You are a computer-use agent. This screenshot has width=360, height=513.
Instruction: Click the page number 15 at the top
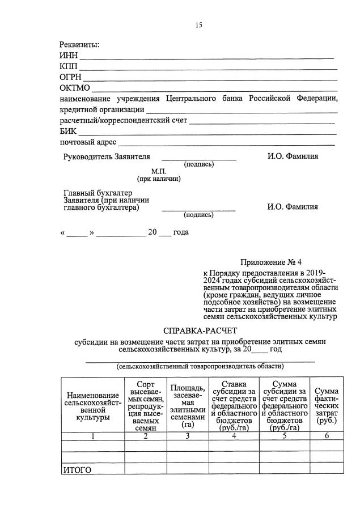coord(198,25)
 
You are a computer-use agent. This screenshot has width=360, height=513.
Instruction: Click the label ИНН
coord(68,56)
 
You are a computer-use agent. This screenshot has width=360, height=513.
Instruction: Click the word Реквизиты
coord(79,45)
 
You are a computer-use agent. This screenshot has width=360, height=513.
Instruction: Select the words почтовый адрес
coord(88,142)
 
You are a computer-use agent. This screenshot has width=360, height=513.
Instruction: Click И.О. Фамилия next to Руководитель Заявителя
coord(293,156)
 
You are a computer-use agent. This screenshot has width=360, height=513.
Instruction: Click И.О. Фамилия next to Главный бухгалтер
coord(293,207)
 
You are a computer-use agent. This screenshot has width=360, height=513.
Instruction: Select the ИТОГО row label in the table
coord(77,469)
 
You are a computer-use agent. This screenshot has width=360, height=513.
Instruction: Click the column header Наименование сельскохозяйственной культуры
coord(92,406)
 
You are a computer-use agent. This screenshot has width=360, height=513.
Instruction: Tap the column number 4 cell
coord(234,436)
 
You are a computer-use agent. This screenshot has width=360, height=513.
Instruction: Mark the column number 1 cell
coord(92,436)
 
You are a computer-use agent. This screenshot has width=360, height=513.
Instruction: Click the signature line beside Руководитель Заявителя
coord(199,160)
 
